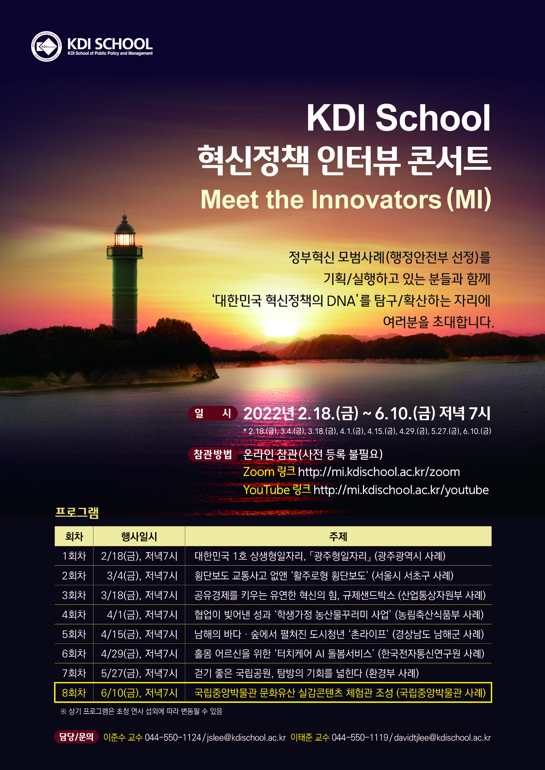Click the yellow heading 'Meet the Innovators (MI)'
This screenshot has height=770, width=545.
346,200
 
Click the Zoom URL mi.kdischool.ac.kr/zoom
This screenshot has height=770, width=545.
379,472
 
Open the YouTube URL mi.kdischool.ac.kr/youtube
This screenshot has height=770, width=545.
401,490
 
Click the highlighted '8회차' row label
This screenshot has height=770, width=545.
74,693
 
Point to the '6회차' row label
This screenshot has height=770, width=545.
74,654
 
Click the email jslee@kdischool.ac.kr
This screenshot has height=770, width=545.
246,737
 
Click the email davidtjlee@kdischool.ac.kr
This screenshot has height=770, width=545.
442,737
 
